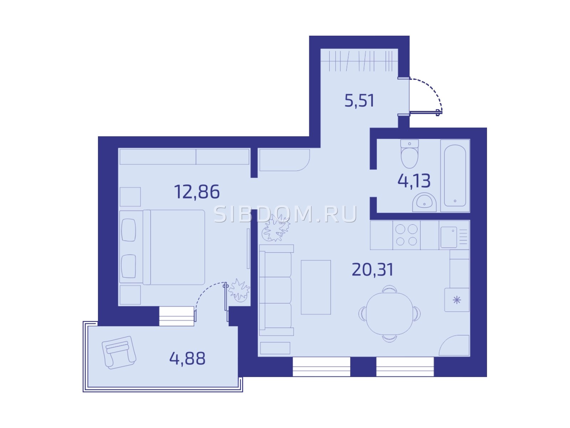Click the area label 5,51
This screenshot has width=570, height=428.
(x=359, y=101)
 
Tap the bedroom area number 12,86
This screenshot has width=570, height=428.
(x=197, y=192)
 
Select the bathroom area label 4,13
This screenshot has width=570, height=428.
(x=414, y=180)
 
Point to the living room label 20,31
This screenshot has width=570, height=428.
(x=373, y=270)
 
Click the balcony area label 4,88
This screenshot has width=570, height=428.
(x=187, y=358)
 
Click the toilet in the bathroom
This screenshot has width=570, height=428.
(x=410, y=154)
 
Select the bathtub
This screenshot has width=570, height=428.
(x=455, y=176)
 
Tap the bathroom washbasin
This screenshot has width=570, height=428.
(x=424, y=203)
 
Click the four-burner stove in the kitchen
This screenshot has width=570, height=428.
(x=406, y=235)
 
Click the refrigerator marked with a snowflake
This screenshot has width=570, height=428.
(x=457, y=300)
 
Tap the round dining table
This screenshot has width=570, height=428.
(x=389, y=314)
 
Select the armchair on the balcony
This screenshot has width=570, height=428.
(x=119, y=352)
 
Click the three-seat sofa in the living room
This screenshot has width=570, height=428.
(x=276, y=290)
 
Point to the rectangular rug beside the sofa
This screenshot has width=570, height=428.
(x=316, y=287)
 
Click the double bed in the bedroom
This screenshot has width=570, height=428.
(x=162, y=247)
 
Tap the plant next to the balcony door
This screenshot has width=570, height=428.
(x=239, y=290)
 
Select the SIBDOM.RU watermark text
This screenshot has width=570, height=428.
(x=285, y=214)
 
